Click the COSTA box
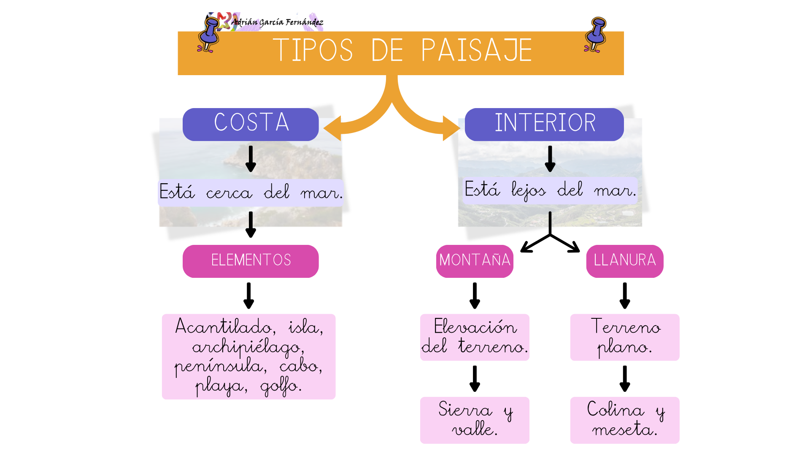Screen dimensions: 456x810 pyautogui.click(x=251, y=124)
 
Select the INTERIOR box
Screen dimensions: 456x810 pyautogui.click(x=544, y=124)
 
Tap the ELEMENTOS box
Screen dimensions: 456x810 pyautogui.click(x=251, y=261)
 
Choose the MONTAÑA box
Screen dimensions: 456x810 pyautogui.click(x=475, y=261)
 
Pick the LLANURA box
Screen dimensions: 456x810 pyautogui.click(x=625, y=261)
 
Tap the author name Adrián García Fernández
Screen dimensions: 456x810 pyautogui.click(x=277, y=22)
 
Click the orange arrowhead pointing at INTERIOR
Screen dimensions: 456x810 pyautogui.click(x=451, y=128)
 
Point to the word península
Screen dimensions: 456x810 pyautogui.click(x=221, y=366)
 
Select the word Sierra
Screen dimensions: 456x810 pyautogui.click(x=465, y=410)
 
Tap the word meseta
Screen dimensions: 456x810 pyautogui.click(x=624, y=430)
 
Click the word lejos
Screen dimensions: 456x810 pyautogui.click(x=529, y=191)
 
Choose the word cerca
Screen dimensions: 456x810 pyautogui.click(x=229, y=193)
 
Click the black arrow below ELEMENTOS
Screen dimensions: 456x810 pyautogui.click(x=249, y=296)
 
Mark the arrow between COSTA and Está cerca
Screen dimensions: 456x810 pyautogui.click(x=251, y=159)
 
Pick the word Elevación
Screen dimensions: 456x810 pyautogui.click(x=475, y=327)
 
